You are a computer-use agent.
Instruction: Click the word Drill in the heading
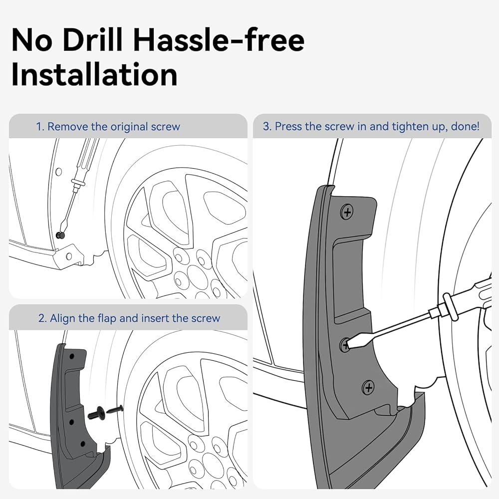click(x=93, y=40)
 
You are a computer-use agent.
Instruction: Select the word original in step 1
click(x=129, y=127)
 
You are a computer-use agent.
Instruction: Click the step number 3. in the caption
click(x=267, y=126)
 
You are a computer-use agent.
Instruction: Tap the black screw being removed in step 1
click(x=60, y=235)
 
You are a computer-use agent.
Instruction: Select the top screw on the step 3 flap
click(x=347, y=212)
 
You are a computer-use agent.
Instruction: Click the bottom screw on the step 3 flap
click(x=368, y=387)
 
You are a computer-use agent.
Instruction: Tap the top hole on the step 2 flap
click(x=72, y=356)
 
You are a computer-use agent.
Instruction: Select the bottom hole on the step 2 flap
click(x=83, y=444)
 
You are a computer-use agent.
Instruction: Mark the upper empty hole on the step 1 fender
click(x=58, y=172)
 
